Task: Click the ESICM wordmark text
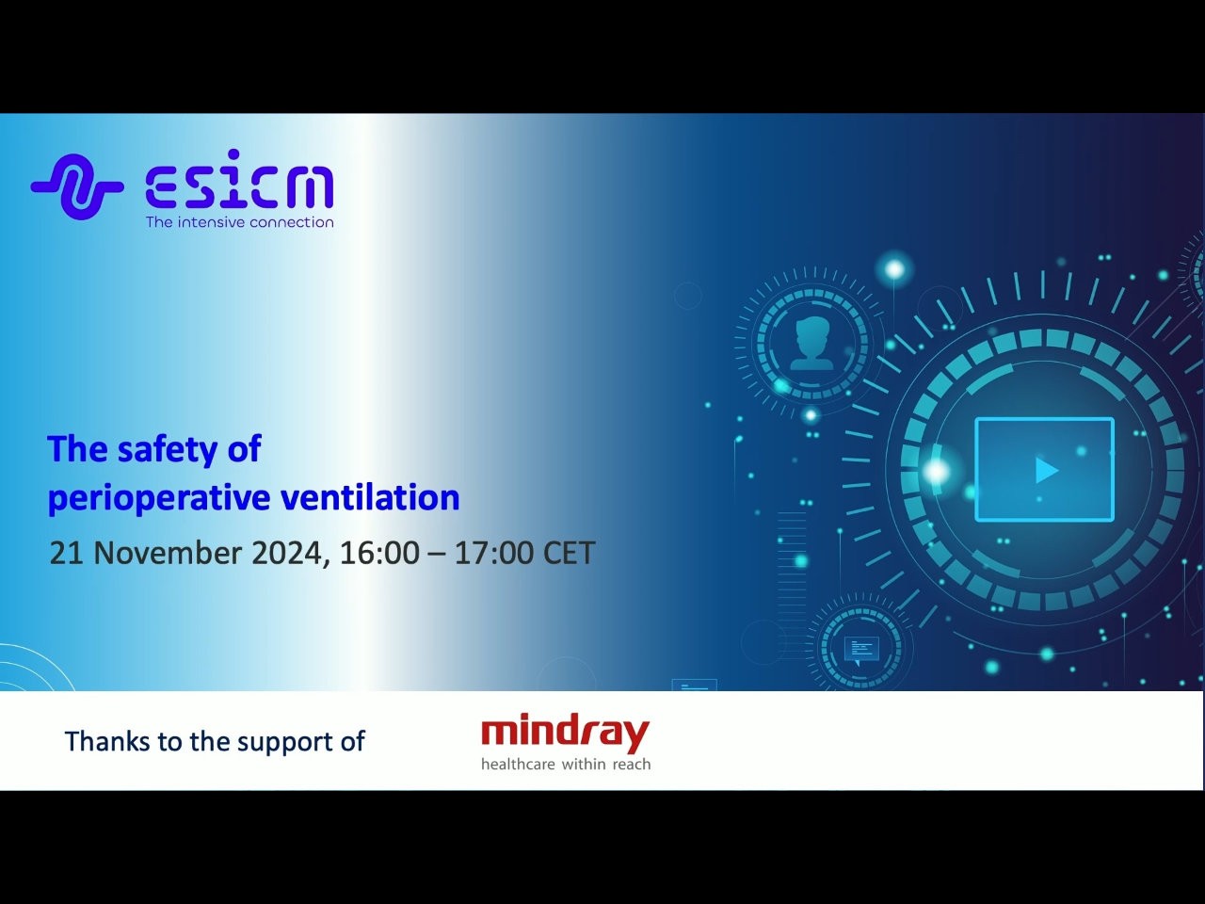pos(239,186)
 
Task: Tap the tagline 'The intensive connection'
pos(239,222)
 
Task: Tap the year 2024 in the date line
pos(286,553)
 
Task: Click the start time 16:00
pos(379,553)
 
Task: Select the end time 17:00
pos(493,553)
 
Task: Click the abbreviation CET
pos(569,553)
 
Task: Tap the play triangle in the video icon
pos(1046,470)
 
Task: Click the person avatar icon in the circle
pos(811,343)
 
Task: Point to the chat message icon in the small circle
pos(860,649)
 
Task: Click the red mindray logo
pos(565,733)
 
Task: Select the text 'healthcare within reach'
pos(565,765)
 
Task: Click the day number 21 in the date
pos(66,553)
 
